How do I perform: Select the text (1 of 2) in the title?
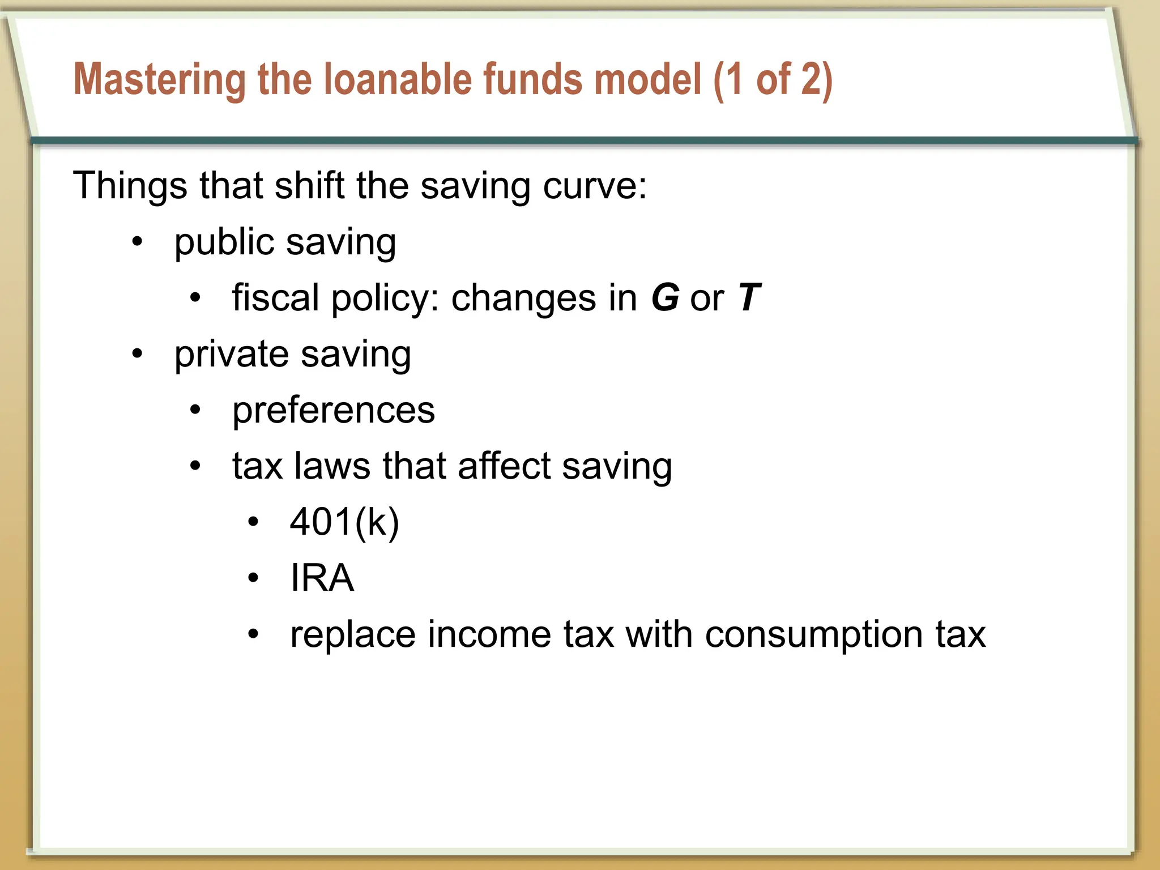773,80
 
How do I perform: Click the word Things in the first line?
130,185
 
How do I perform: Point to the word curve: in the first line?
595,186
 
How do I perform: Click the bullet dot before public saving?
137,242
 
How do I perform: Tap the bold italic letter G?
665,297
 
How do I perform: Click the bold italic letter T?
749,297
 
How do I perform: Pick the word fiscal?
276,297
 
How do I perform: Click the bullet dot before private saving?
137,355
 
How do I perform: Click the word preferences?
334,410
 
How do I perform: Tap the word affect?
504,466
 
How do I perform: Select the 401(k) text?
344,522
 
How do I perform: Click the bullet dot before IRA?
253,578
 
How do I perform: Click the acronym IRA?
322,578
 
